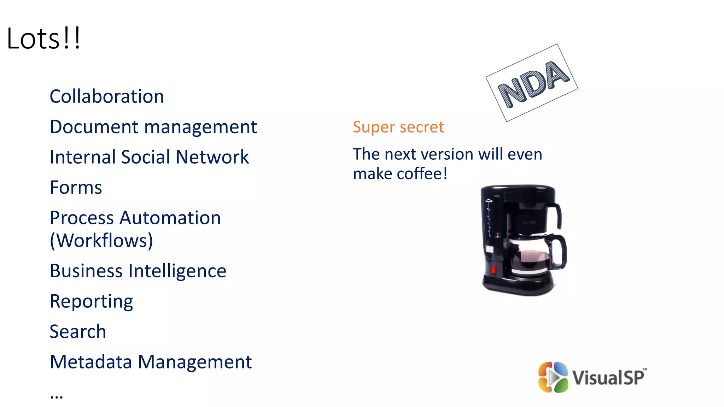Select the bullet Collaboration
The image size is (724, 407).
[x=107, y=96]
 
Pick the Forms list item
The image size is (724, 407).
[x=76, y=188]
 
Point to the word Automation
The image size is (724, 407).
[x=170, y=218]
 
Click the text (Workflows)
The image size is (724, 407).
[x=101, y=241]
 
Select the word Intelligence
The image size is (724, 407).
[x=177, y=271]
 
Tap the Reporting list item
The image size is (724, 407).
[x=92, y=302]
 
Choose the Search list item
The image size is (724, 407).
[x=78, y=332]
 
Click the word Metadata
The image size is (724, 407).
[x=91, y=362]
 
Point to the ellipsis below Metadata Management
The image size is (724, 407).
[x=57, y=396]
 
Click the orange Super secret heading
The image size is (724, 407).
[x=398, y=127]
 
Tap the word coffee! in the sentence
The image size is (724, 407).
[x=422, y=174]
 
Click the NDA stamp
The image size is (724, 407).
[x=532, y=83]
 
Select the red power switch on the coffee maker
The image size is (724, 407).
[x=494, y=270]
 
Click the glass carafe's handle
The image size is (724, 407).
[x=560, y=251]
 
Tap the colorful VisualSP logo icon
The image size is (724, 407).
[x=553, y=377]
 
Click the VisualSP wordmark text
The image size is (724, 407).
[x=608, y=377]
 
